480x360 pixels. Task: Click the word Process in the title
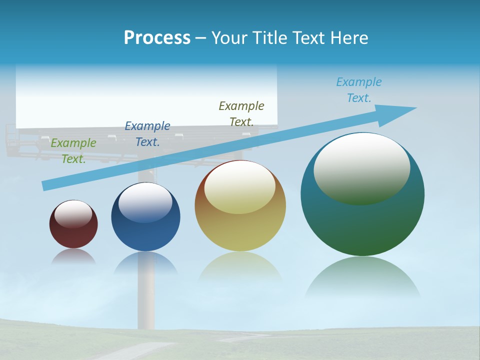coord(157,38)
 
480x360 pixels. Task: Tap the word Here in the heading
coord(348,38)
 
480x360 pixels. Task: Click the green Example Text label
coord(73,151)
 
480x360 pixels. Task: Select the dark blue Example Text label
coord(147,134)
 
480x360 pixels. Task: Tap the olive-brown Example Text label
coord(241,113)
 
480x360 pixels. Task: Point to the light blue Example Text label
coord(359,90)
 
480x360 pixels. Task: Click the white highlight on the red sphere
coord(73,214)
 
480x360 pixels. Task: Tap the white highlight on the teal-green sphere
coord(362,167)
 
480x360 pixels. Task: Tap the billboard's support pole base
coord(148,315)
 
